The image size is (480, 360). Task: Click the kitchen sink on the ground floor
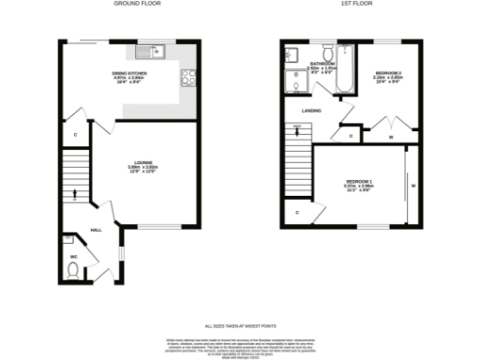point(151,52)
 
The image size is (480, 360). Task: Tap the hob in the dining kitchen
point(188,79)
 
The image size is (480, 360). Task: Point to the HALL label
point(96,230)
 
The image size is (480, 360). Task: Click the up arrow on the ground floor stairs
point(75,190)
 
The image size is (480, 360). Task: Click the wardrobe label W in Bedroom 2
point(390,137)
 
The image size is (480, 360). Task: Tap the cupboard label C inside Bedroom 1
point(296,214)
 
